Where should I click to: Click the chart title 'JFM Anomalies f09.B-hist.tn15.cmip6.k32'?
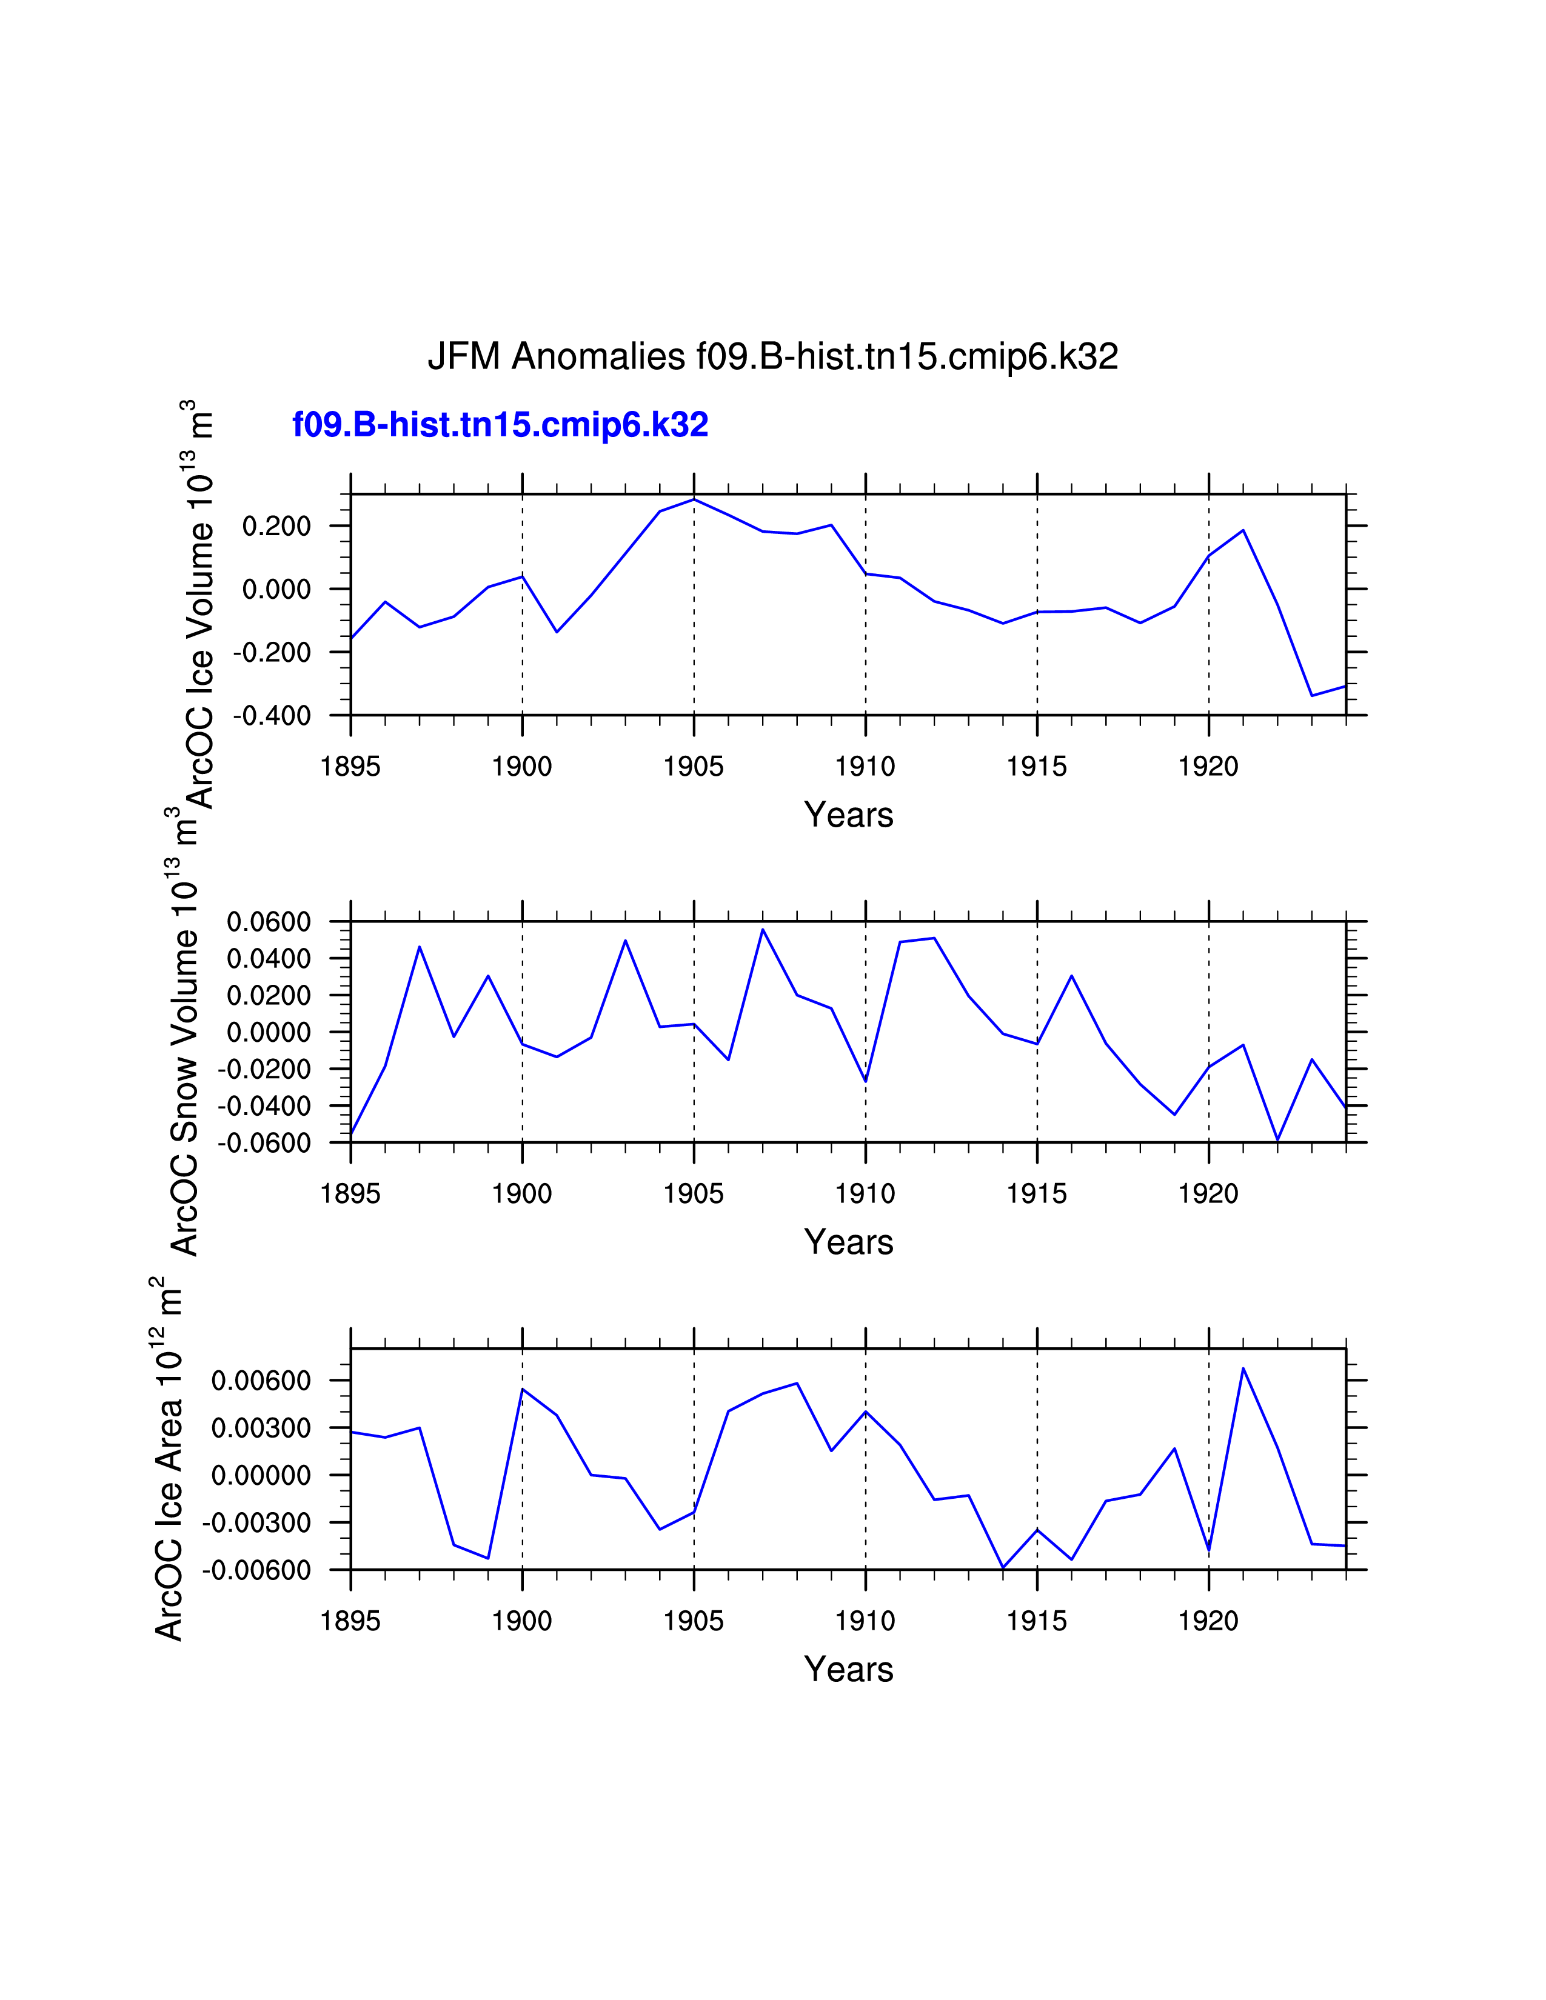[x=773, y=356]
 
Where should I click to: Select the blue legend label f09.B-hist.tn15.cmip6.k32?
[x=500, y=425]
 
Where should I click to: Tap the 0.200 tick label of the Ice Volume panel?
[x=276, y=527]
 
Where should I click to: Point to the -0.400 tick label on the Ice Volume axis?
[x=272, y=715]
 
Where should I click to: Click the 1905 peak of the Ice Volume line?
[x=694, y=499]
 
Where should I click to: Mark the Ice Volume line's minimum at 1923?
[x=1311, y=696]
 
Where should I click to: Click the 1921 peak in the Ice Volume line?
[x=1243, y=530]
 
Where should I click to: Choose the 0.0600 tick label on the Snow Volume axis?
[x=269, y=922]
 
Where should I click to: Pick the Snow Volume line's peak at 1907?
[x=763, y=930]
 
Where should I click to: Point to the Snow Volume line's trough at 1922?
[x=1277, y=1140]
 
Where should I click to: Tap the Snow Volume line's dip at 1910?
[x=866, y=1081]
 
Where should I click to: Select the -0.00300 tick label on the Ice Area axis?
[x=257, y=1523]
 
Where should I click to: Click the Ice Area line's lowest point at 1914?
[x=1003, y=1568]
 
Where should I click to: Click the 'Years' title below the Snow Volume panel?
[x=848, y=1242]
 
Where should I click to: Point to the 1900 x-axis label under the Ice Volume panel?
[x=522, y=767]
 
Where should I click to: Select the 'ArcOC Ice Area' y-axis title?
[x=169, y=1465]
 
